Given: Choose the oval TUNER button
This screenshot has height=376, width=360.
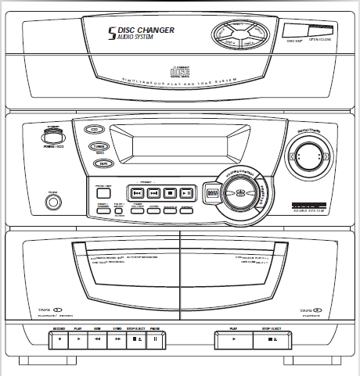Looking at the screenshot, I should pyautogui.click(x=98, y=146).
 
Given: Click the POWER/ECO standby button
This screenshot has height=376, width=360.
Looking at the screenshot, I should pyautogui.click(x=54, y=138).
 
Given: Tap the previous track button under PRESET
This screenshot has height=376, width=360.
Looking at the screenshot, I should pyautogui.click(x=136, y=192).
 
